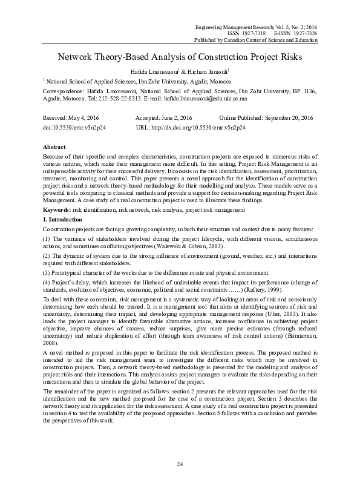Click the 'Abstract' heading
tap(54, 148)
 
